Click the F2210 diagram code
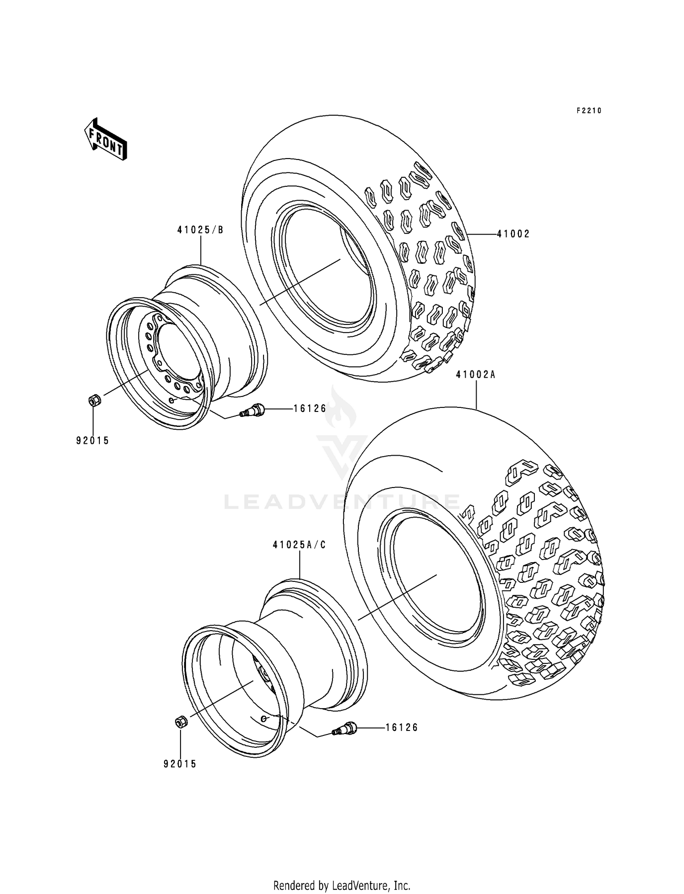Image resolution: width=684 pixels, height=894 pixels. tap(589, 111)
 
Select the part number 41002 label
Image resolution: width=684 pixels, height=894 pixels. tap(513, 234)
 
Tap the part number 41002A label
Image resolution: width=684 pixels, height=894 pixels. tap(476, 375)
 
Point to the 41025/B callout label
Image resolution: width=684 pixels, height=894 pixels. tap(201, 230)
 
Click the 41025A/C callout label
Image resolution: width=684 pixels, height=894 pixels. tap(300, 545)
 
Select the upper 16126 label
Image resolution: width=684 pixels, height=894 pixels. tap(310, 409)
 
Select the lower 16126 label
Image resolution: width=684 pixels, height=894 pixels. tap(401, 728)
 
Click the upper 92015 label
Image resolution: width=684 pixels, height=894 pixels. tap(93, 441)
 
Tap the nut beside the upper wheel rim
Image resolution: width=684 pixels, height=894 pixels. tap(94, 401)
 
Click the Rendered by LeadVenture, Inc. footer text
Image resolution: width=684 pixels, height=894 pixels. tap(342, 873)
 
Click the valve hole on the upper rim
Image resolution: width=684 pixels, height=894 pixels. tap(171, 400)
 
